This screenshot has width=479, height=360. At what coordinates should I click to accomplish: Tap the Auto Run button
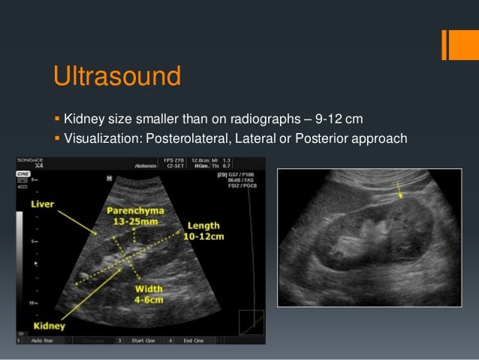[42, 340]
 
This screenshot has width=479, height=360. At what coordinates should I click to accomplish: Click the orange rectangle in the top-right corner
[454, 44]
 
